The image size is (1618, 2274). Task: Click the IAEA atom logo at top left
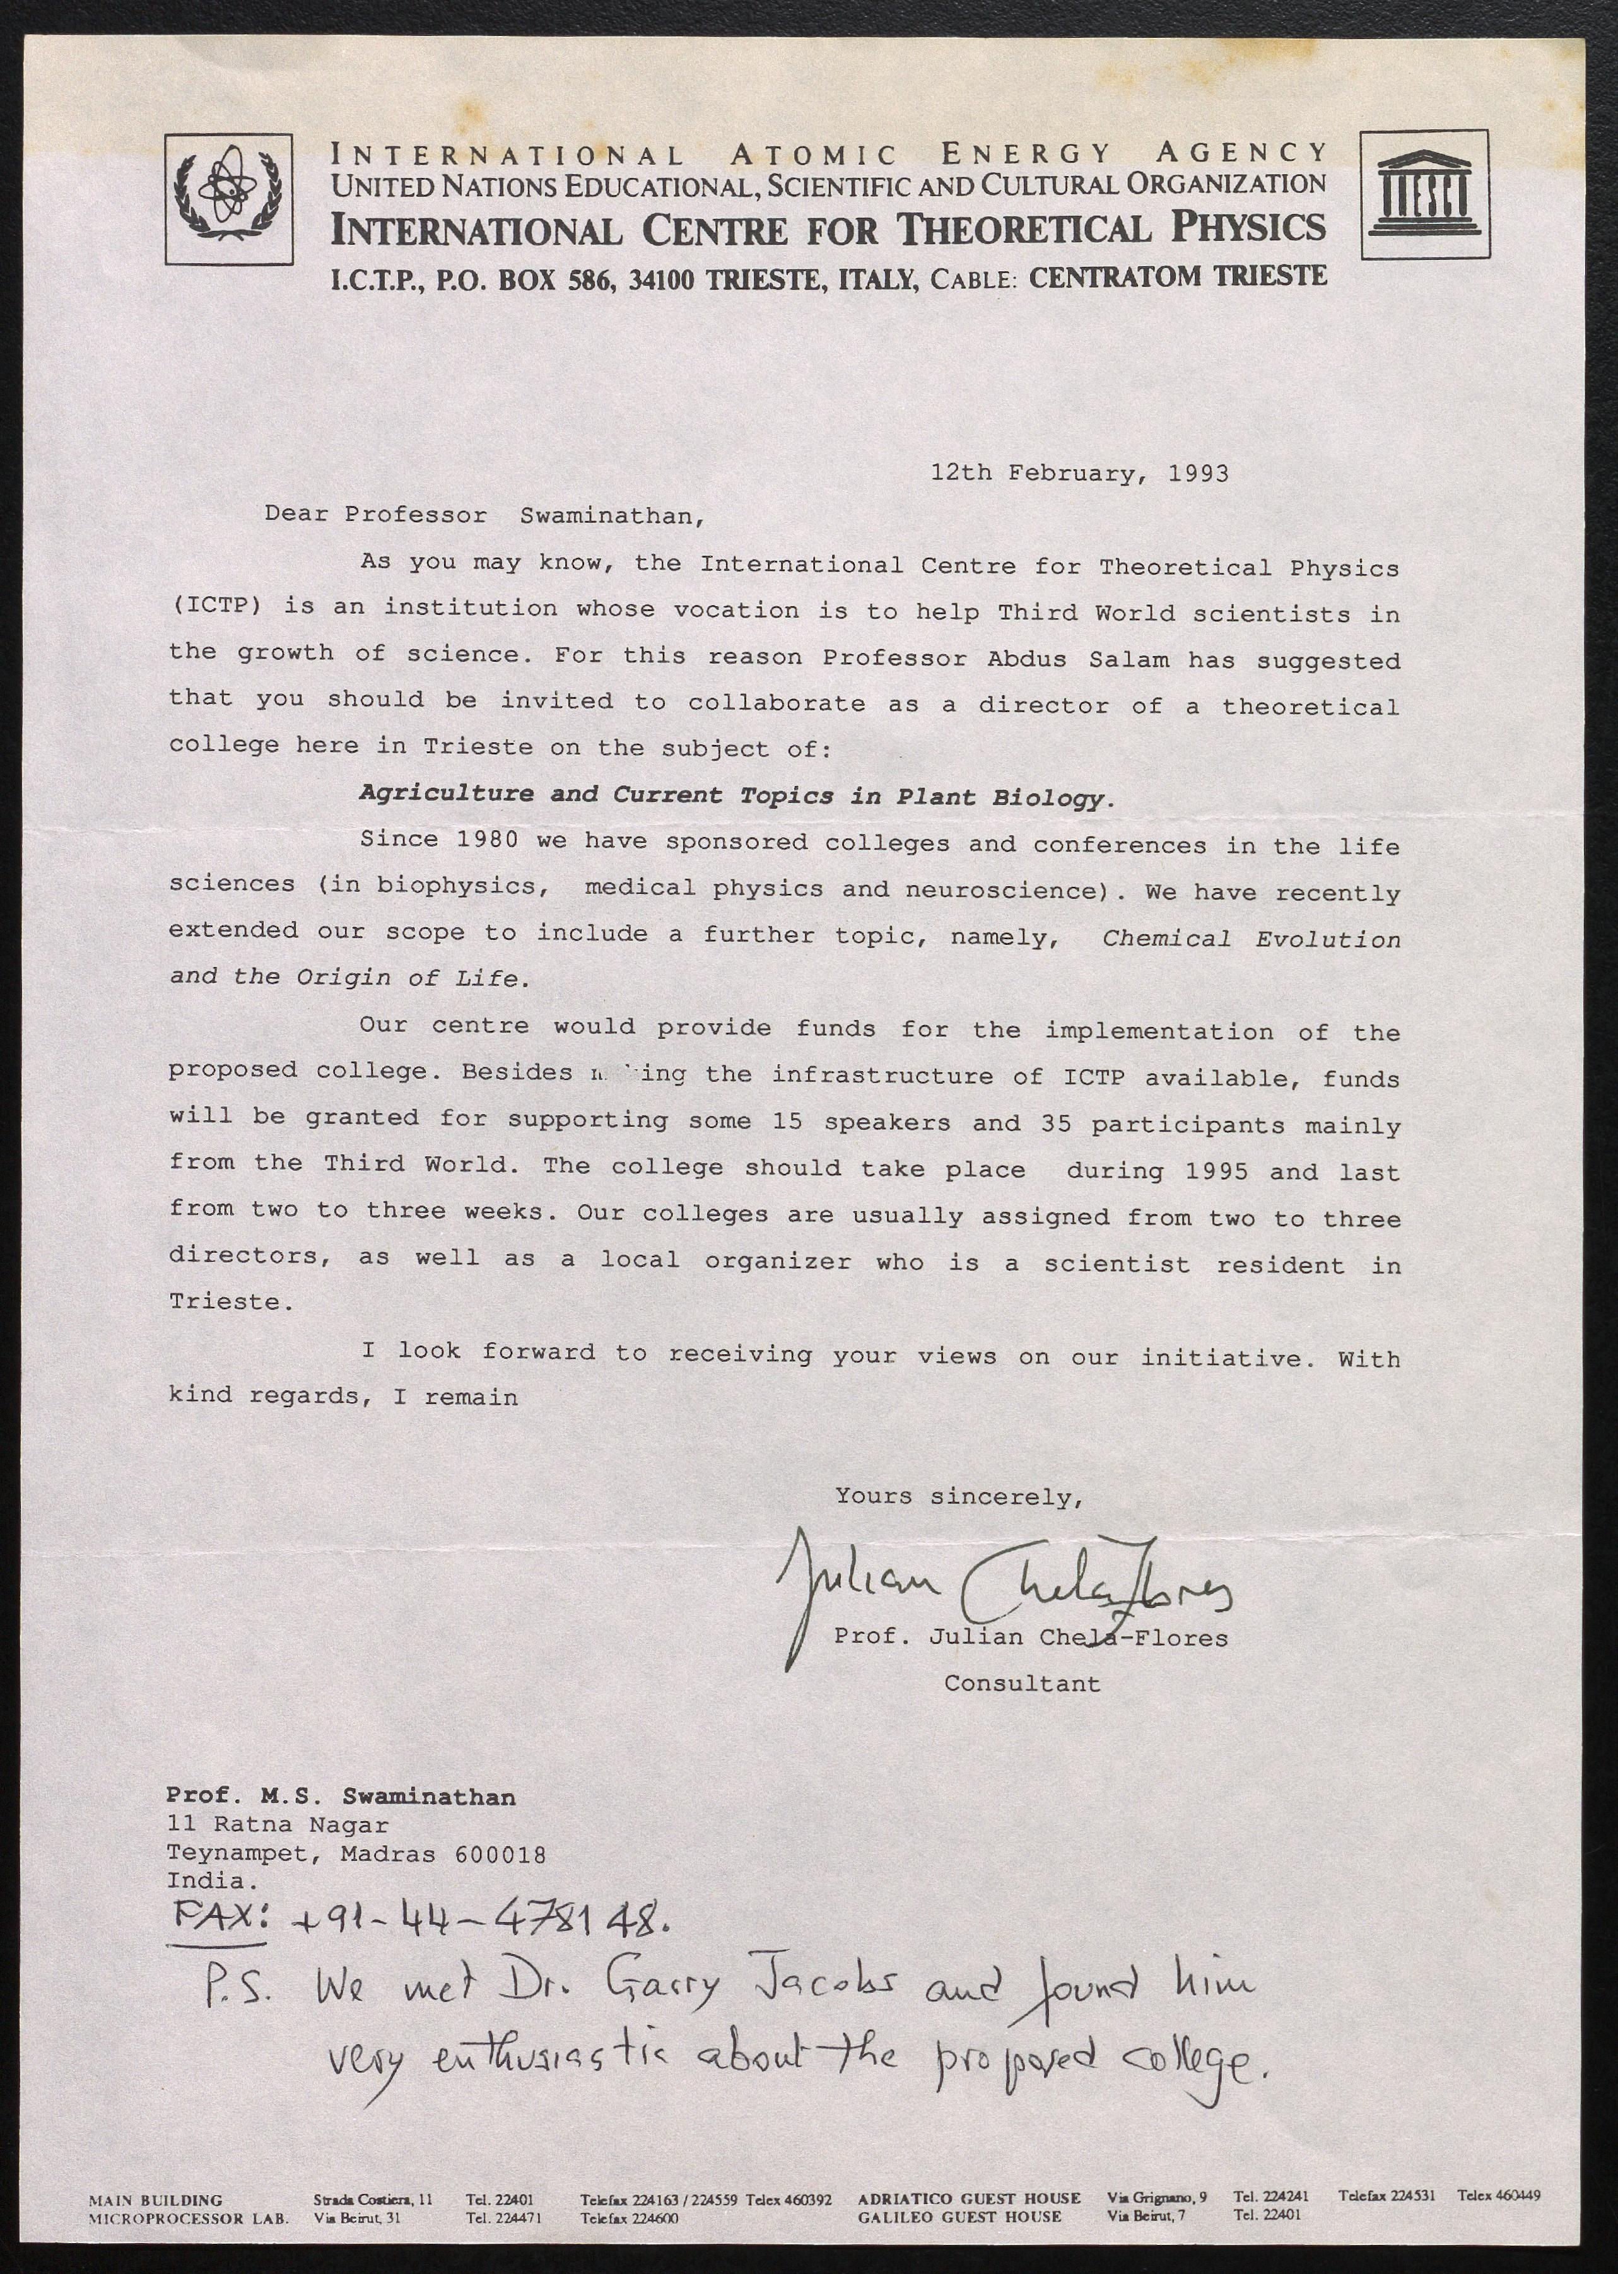[x=229, y=199]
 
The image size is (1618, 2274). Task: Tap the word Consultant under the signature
[x=1022, y=1684]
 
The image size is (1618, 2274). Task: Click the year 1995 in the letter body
[x=1216, y=1170]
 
